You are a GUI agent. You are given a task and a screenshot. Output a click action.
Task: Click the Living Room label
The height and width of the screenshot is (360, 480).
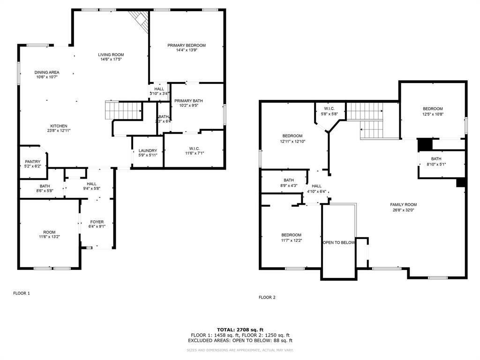(x=111, y=55)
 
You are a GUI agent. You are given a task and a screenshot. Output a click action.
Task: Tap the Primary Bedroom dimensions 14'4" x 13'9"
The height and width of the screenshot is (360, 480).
(x=187, y=50)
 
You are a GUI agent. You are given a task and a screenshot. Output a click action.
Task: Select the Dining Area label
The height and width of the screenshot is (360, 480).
(x=47, y=72)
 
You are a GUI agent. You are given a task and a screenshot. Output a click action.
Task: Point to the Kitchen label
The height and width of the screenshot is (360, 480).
(x=59, y=126)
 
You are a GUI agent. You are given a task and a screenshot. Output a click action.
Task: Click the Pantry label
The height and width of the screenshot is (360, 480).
(x=32, y=162)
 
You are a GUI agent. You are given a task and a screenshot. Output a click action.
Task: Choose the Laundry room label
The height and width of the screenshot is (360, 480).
(x=148, y=150)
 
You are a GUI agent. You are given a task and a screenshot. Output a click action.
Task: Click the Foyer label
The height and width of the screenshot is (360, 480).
(x=97, y=222)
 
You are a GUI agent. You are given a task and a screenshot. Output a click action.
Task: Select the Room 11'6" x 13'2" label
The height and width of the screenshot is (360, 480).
(x=49, y=232)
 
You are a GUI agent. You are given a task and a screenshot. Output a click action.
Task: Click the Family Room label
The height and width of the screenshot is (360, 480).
(x=403, y=204)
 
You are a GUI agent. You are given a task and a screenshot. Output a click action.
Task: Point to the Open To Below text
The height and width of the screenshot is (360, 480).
(x=338, y=243)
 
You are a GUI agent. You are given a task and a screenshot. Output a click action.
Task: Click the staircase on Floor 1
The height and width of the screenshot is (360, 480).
(x=123, y=111)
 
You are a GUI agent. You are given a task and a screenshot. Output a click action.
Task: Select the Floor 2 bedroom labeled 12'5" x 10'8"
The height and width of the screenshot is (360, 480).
(x=433, y=109)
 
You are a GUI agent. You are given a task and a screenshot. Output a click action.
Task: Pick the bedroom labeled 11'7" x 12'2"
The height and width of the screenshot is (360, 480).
(x=291, y=235)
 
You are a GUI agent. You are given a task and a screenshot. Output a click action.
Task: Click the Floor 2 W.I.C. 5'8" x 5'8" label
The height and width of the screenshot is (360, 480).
(x=330, y=109)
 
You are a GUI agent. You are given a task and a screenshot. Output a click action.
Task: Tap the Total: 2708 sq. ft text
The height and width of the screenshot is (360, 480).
(x=240, y=330)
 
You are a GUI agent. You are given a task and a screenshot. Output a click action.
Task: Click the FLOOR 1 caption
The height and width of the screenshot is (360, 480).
(x=21, y=293)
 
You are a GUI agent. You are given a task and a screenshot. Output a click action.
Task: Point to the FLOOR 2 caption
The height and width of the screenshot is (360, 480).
(x=267, y=297)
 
